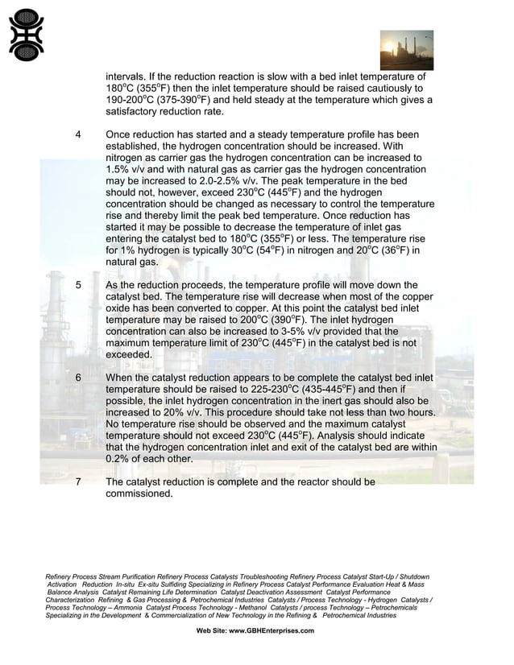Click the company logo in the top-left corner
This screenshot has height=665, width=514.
click(x=27, y=35)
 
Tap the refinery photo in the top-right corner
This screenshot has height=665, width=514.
click(x=406, y=50)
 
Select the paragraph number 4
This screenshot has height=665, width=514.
click(x=77, y=134)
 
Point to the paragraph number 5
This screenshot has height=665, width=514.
click(x=77, y=285)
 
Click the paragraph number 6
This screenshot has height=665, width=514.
click(x=77, y=378)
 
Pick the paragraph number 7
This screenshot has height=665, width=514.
click(x=77, y=482)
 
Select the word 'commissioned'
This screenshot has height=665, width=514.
click(x=139, y=494)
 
